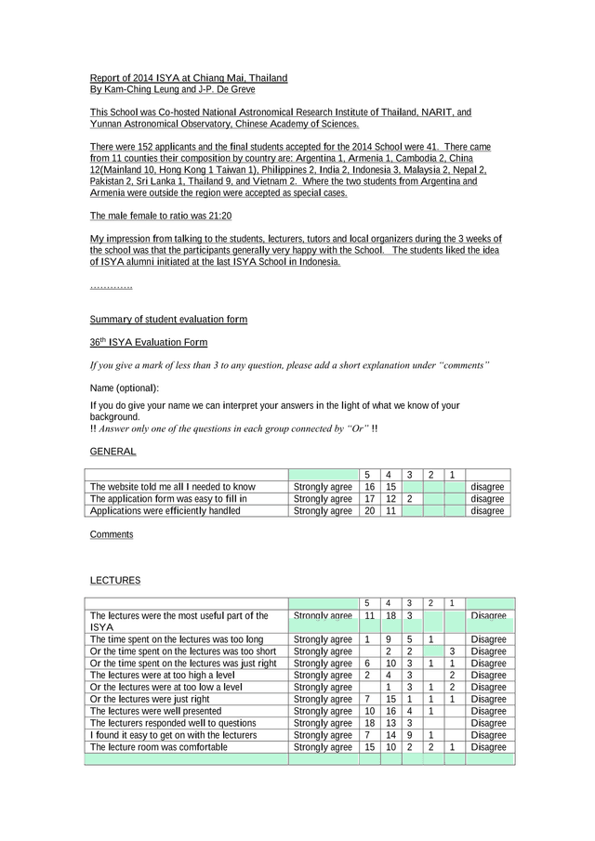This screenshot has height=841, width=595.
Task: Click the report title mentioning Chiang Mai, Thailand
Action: click(188, 77)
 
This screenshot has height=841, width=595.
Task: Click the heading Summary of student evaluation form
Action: click(168, 319)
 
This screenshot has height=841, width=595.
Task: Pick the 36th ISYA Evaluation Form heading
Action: click(148, 343)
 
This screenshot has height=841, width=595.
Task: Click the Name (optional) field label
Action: click(125, 388)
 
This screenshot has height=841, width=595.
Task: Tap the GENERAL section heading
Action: click(112, 452)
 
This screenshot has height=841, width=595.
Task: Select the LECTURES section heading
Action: click(115, 581)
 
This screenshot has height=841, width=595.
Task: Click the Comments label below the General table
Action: click(112, 534)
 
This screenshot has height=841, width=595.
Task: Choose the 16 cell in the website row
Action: click(369, 487)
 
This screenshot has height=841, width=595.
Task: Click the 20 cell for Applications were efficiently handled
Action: click(369, 511)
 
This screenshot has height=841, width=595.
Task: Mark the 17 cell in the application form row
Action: click(369, 499)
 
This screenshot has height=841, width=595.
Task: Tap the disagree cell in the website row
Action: click(487, 487)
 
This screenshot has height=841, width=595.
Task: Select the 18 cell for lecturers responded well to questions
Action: click(369, 723)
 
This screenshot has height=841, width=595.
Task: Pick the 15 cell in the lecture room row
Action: click(369, 747)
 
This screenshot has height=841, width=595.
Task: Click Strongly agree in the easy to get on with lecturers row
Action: click(323, 735)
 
